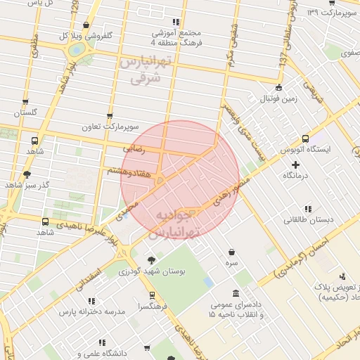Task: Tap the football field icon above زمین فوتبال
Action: click(x=279, y=88)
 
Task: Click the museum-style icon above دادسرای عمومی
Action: click(x=235, y=295)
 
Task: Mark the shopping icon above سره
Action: click(x=231, y=252)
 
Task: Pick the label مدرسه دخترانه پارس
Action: click(x=92, y=311)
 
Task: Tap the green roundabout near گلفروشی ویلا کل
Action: click(x=76, y=50)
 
